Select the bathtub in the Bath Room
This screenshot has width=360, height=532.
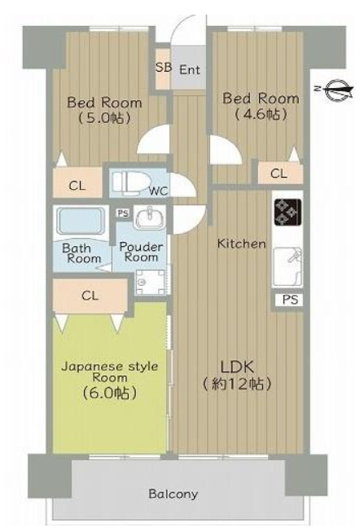(81, 222)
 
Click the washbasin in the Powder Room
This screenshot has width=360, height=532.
(149, 218)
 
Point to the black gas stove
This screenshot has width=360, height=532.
(288, 212)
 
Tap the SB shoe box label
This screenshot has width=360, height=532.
(163, 68)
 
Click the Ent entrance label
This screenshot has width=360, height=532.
(189, 70)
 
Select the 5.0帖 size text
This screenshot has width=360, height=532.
(104, 118)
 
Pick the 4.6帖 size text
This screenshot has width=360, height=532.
(261, 114)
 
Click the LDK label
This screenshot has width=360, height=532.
(237, 367)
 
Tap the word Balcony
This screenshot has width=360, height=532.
(173, 494)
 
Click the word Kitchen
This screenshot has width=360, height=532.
(241, 244)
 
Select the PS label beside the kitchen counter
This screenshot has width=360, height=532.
(290, 300)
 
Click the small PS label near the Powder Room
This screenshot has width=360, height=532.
(123, 213)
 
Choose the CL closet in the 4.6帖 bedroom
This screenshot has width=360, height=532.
(280, 174)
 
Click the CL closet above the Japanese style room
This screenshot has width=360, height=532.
(90, 296)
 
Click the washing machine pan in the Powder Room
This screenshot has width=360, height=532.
(150, 282)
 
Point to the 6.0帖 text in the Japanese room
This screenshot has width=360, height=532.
(109, 393)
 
